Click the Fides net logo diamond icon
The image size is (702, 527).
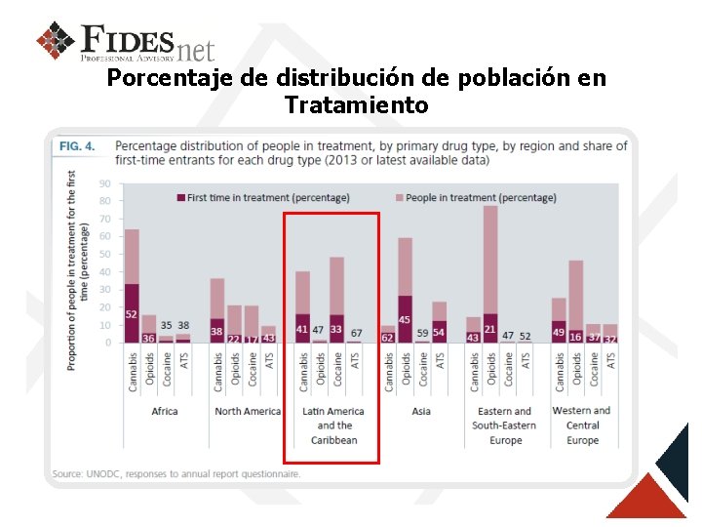click(x=56, y=41)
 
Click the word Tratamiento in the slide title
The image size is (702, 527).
click(x=356, y=103)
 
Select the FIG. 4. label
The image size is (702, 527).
click(x=77, y=146)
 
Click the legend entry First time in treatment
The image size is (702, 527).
click(x=262, y=197)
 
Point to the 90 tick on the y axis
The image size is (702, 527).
click(x=104, y=182)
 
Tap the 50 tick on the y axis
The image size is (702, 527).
click(x=104, y=254)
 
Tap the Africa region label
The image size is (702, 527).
click(x=165, y=412)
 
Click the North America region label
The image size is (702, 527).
click(x=247, y=412)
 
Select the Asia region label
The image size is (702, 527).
click(x=421, y=412)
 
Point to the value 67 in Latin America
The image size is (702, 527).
click(x=357, y=334)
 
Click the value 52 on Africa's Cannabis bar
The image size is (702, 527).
click(x=132, y=314)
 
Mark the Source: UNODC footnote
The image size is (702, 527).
click(x=176, y=474)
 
